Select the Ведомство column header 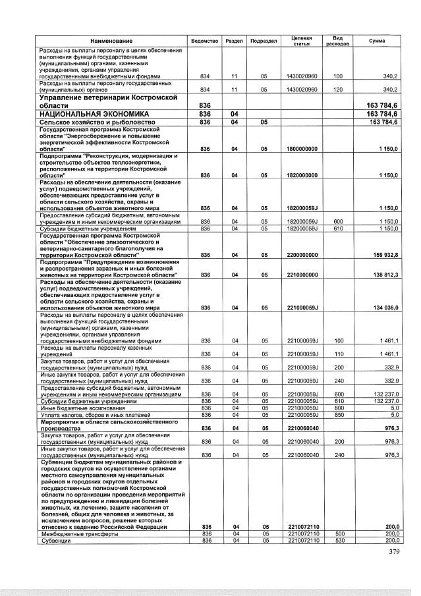[204, 41]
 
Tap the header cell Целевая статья [302, 41]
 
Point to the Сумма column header [378, 41]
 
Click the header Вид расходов [337, 41]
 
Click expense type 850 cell [339, 414]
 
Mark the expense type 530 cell [339, 540]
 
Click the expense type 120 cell [339, 89]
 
